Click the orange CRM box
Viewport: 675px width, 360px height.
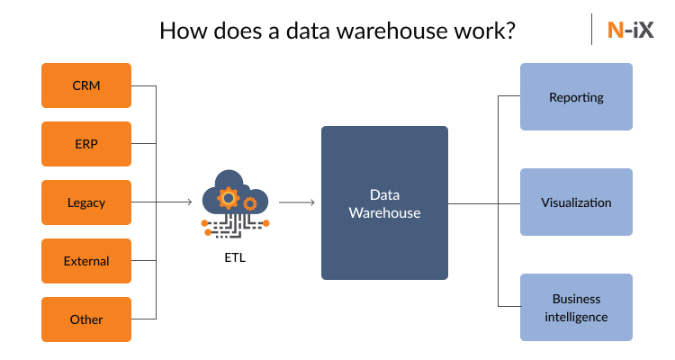click(86, 85)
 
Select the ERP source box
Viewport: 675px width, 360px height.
click(86, 144)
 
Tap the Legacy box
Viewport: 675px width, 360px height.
click(86, 202)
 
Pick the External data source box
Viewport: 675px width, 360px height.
click(86, 261)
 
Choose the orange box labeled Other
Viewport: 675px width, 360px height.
click(86, 319)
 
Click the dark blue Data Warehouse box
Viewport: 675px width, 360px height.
click(384, 202)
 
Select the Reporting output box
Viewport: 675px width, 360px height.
click(576, 96)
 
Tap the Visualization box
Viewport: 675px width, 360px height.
click(576, 202)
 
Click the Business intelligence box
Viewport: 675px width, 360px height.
click(576, 308)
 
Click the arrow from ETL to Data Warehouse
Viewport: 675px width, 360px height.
click(298, 202)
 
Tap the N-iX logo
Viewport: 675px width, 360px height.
click(630, 30)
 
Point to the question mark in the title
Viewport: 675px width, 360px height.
click(510, 31)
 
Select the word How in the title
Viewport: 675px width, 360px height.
click(180, 31)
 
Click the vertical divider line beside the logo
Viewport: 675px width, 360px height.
click(592, 30)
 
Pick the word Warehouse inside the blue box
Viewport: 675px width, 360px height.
click(384, 213)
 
